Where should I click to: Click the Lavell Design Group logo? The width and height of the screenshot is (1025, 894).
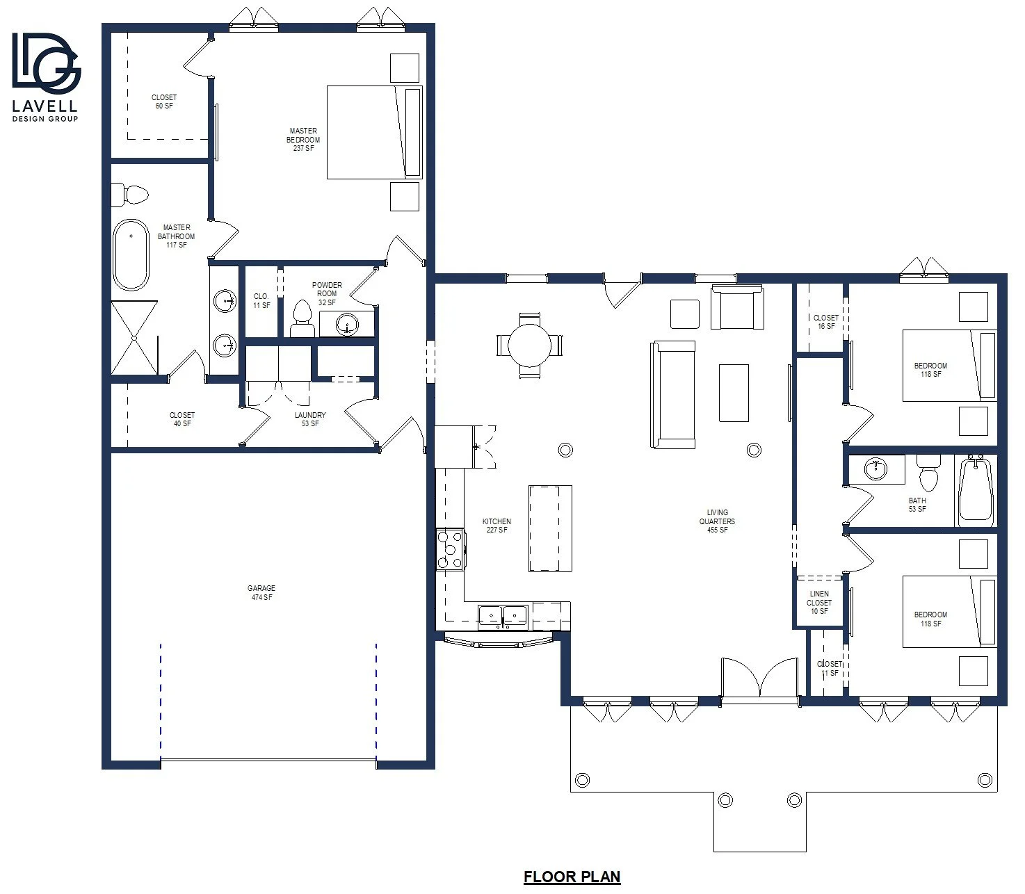click(x=46, y=77)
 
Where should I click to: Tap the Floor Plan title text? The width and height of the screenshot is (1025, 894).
click(x=572, y=877)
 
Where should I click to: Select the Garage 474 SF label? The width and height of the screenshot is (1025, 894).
click(x=261, y=592)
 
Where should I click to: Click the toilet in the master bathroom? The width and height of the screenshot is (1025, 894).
click(x=129, y=195)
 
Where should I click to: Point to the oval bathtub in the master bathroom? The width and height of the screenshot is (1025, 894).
click(x=131, y=254)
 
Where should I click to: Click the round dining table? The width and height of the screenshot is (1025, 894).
click(x=529, y=345)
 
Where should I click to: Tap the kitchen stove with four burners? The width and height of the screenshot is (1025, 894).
click(x=450, y=550)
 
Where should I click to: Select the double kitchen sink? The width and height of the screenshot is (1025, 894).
click(x=503, y=617)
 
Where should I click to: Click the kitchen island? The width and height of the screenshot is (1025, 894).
click(x=550, y=528)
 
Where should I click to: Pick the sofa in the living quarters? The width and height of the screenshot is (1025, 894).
click(x=673, y=395)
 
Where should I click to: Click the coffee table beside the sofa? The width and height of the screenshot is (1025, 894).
click(x=734, y=393)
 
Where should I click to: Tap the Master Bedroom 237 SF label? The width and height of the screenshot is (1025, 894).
click(x=303, y=140)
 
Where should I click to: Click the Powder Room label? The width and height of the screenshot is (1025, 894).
click(x=327, y=289)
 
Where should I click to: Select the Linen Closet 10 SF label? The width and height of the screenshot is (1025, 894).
click(x=819, y=603)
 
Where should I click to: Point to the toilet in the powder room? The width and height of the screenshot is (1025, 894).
click(x=302, y=318)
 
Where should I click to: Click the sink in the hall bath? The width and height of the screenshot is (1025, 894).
click(x=875, y=469)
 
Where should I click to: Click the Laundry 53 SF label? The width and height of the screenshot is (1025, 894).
click(x=310, y=419)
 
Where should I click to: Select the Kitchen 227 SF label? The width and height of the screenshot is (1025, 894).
click(x=497, y=526)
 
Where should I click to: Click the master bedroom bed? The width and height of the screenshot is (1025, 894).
click(x=374, y=132)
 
